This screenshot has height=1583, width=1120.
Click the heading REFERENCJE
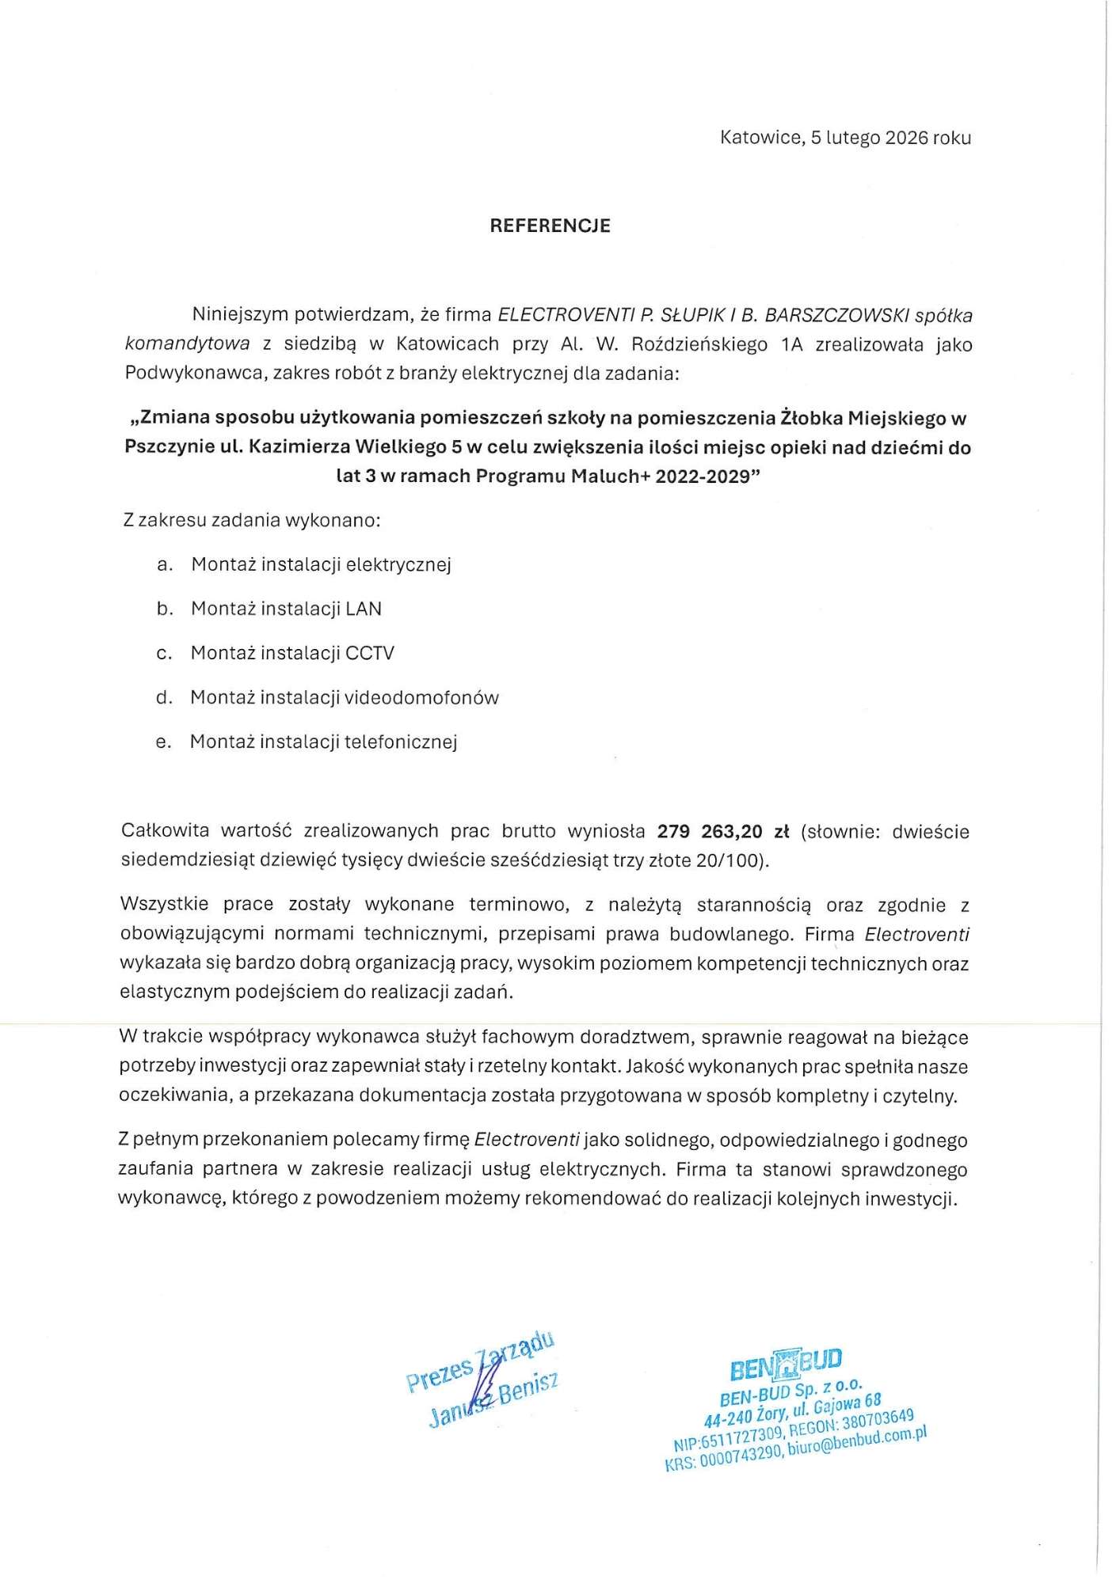tap(550, 226)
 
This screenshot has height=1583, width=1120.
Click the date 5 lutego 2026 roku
tap(890, 138)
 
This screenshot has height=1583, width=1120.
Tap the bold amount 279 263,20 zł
tap(723, 831)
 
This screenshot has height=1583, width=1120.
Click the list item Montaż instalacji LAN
tap(286, 609)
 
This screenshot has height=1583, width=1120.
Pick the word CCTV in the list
tap(370, 653)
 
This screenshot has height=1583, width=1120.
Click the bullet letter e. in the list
tap(163, 742)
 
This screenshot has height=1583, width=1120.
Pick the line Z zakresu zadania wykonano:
tap(253, 520)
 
